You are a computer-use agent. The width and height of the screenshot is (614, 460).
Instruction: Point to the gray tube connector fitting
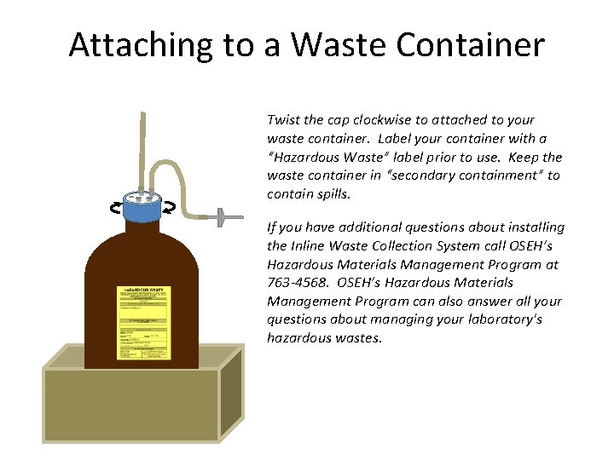click(x=223, y=218)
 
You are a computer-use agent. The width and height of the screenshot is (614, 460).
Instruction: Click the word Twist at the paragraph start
click(x=283, y=120)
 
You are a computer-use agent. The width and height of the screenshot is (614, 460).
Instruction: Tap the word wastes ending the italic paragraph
click(x=361, y=338)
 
